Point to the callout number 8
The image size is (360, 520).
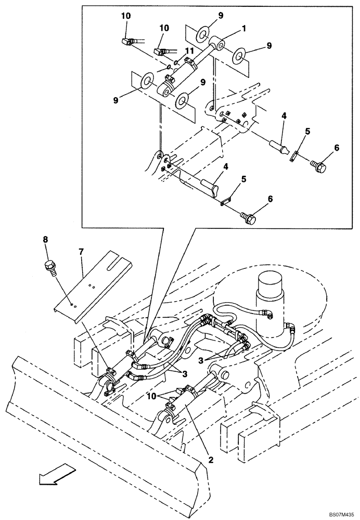pos(45,240)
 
